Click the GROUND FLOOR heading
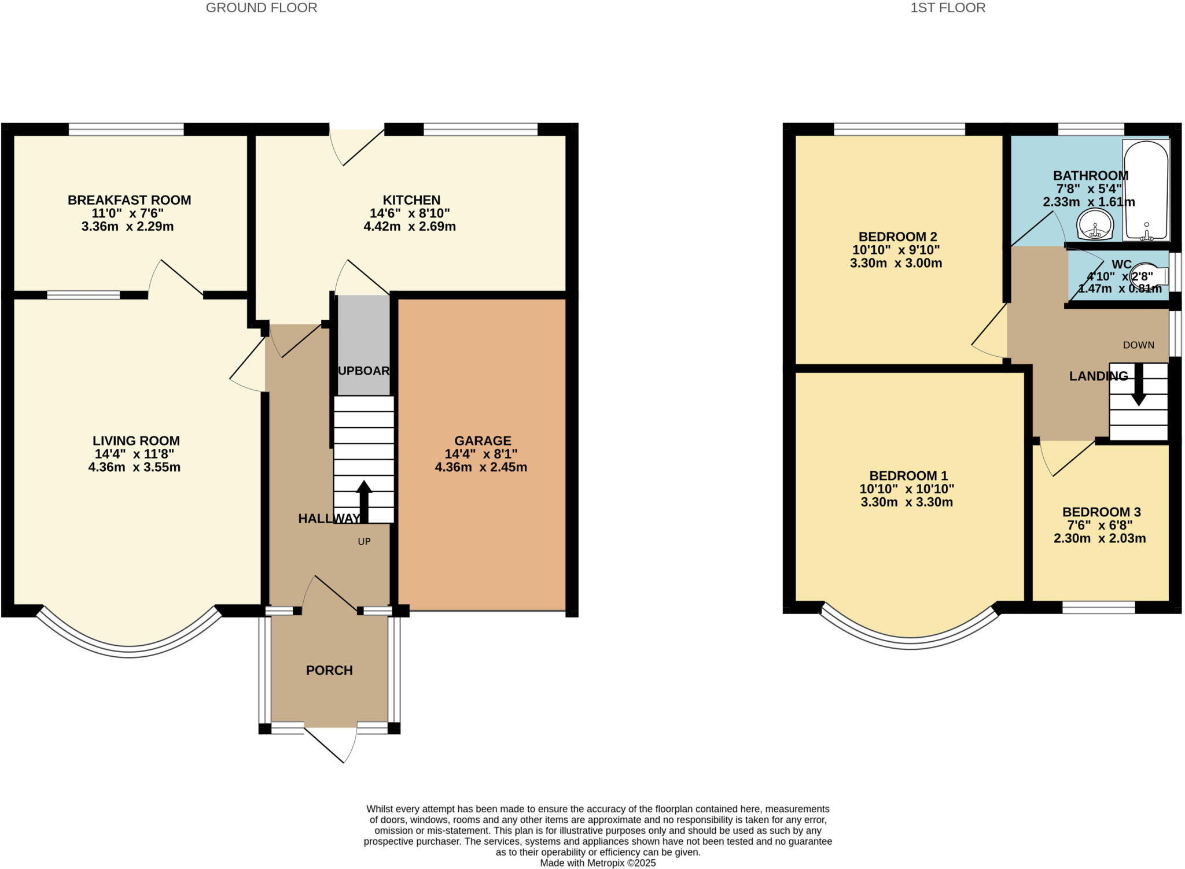point(262,8)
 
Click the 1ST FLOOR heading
point(948,8)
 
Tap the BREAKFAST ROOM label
point(129,200)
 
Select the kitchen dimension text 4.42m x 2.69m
point(410,227)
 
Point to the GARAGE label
point(483,441)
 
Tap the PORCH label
point(329,670)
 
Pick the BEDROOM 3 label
point(1101,512)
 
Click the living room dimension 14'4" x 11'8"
point(134,454)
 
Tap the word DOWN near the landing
point(1138,345)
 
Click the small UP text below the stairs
point(364,542)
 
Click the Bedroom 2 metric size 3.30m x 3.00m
point(896,264)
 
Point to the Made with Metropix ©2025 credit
point(598,863)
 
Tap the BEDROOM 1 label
point(908,476)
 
